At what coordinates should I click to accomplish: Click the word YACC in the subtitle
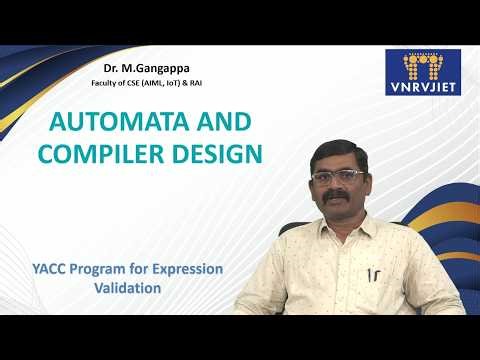(47, 270)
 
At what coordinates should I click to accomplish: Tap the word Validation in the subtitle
(127, 288)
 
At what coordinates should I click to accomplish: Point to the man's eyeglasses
(337, 177)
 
